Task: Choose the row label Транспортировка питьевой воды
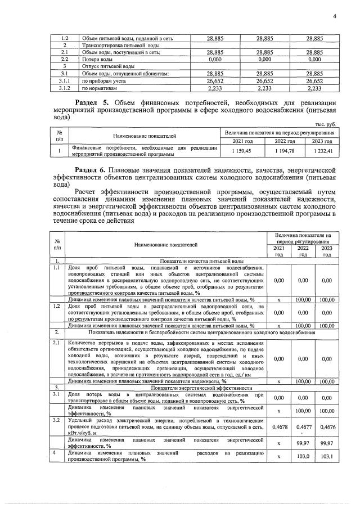coord(120,44)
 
